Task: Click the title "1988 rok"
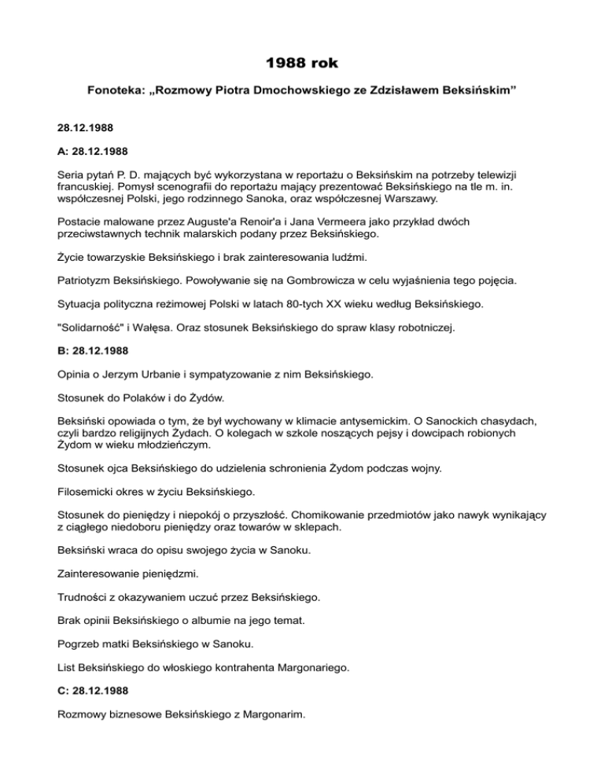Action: (301, 61)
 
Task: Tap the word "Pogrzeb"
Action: (79, 643)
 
